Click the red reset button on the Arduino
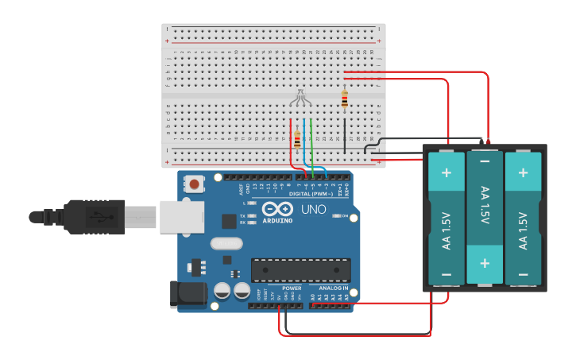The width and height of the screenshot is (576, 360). pos(194,185)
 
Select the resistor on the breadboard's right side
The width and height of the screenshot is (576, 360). pos(344,100)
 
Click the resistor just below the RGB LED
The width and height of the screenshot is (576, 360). pos(297,140)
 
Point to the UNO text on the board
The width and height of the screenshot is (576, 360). pos(312,210)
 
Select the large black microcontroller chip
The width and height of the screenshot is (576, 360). pos(300,270)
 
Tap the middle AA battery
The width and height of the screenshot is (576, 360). pos(484,217)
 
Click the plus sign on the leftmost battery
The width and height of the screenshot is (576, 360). pos(446,172)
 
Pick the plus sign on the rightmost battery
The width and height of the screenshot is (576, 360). pos(523,172)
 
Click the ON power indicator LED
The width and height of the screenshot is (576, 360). pos(337,216)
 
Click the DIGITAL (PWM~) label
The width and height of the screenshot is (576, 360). pos(310,194)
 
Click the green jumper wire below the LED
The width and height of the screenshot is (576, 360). pos(312,143)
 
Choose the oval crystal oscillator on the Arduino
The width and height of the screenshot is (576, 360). pos(225,243)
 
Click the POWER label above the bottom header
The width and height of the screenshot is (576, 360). pos(292,288)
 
